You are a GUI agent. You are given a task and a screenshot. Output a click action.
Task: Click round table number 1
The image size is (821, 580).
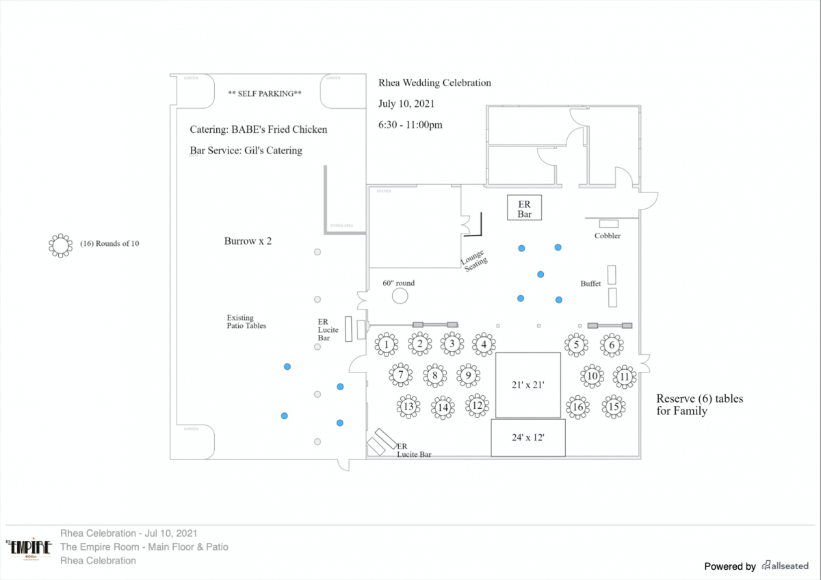(x=387, y=344)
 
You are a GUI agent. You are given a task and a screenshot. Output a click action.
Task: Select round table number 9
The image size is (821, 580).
(x=468, y=375)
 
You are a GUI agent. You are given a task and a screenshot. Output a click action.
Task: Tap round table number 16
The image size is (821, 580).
(x=578, y=407)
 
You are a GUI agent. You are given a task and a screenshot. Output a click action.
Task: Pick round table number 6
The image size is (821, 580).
(x=612, y=344)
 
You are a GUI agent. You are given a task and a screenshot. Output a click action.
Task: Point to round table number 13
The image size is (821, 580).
(x=408, y=407)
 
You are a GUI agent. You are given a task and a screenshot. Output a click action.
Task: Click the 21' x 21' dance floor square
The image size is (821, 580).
(x=527, y=385)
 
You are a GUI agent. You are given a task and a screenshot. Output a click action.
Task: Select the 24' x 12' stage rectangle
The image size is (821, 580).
(x=527, y=437)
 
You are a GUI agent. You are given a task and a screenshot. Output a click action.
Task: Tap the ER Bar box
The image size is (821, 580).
(x=524, y=208)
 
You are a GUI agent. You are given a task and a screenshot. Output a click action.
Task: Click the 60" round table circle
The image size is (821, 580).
(x=400, y=296)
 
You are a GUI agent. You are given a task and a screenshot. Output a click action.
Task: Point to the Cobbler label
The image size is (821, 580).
(x=608, y=236)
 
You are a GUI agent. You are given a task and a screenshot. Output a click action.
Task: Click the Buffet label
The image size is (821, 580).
(x=590, y=283)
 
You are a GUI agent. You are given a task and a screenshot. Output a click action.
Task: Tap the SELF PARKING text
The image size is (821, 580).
(x=265, y=93)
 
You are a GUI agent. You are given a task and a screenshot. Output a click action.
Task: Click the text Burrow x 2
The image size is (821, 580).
(x=248, y=241)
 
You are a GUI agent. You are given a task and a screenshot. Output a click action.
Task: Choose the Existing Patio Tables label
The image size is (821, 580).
(x=246, y=322)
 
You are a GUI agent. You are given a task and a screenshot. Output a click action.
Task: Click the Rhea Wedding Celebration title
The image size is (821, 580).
(x=434, y=83)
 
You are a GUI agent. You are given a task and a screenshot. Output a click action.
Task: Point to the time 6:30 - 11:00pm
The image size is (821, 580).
(x=410, y=125)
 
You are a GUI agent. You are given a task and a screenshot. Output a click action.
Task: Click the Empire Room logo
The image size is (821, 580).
(x=28, y=550)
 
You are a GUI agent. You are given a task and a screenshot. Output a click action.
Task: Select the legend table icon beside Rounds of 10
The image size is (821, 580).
(x=60, y=245)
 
